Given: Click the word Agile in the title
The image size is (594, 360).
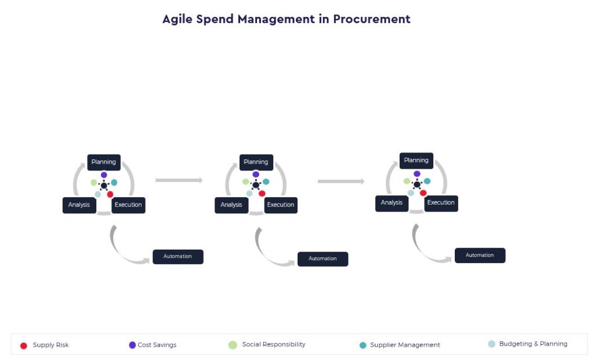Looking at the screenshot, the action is coord(178,19).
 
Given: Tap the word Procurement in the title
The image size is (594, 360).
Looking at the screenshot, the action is coord(372,19).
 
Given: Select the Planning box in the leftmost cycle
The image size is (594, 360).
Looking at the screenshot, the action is coord(104,162).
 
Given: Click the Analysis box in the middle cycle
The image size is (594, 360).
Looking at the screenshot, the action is coord(231,205).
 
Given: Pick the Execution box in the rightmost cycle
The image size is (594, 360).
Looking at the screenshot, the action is coord(441,203).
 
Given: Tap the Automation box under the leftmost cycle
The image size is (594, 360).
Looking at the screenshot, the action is coord(178,257).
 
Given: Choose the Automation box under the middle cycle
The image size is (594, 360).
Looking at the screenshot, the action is coord(323,259).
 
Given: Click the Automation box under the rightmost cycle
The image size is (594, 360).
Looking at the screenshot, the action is coord(480,256).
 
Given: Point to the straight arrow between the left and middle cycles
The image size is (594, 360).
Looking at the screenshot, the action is coord(179,180).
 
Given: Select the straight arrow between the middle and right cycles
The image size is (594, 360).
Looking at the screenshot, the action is coord(341,181).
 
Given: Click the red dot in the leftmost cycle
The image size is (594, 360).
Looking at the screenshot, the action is coord(110,194).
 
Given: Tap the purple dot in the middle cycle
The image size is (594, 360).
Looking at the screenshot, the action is coord(256,174).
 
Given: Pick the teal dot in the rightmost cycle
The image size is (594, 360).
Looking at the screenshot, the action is coord(428,181).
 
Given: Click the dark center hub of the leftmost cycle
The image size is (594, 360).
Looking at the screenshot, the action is coord(104,186).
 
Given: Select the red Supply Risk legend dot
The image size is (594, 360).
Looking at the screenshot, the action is coord(23,346).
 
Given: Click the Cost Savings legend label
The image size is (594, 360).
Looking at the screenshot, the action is coord(157,345).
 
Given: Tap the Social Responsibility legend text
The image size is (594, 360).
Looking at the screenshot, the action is coord(274,344).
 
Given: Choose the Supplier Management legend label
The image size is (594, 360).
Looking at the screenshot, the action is coord(405,345).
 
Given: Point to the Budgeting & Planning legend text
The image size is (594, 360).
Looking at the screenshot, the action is coord(533,344).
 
